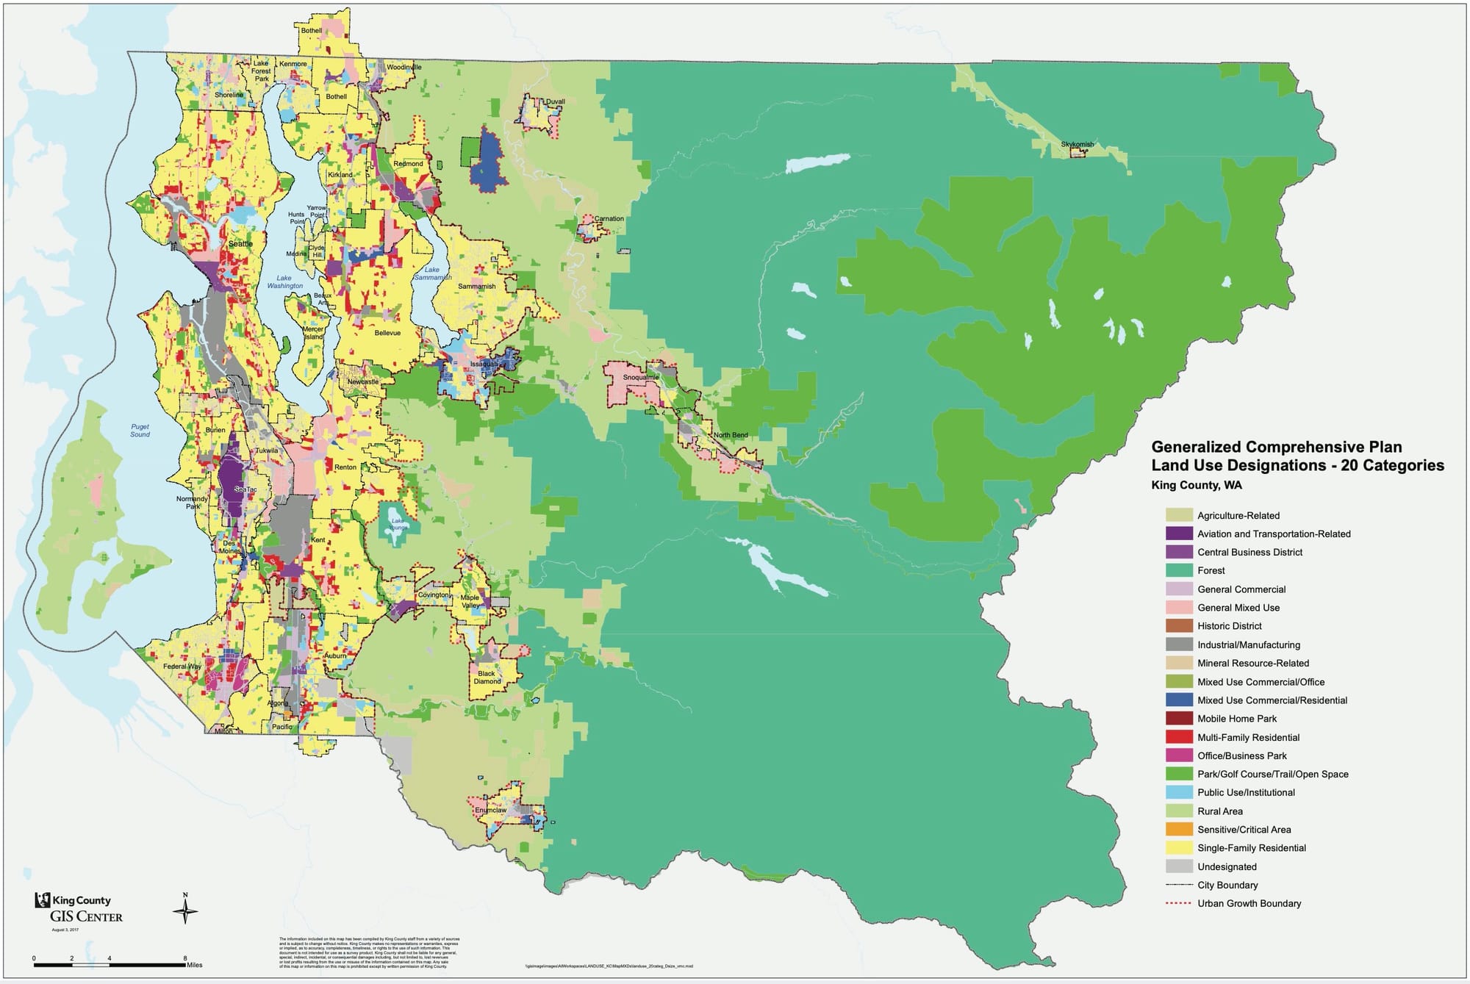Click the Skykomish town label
point(1077,144)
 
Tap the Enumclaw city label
point(490,811)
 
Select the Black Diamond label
point(487,677)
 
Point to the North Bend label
point(731,435)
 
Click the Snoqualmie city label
point(641,377)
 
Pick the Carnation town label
point(609,218)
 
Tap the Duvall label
point(555,101)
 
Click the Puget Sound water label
point(140,430)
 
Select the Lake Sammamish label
point(432,273)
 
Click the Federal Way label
point(182,666)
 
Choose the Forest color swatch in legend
point(1178,570)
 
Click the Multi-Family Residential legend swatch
point(1178,737)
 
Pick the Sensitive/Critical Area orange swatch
point(1178,829)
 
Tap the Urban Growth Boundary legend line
point(1178,903)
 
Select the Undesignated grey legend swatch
point(1178,866)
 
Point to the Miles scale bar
point(110,964)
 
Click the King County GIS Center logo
point(79,908)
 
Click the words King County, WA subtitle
point(1196,485)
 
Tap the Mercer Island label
point(314,332)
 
